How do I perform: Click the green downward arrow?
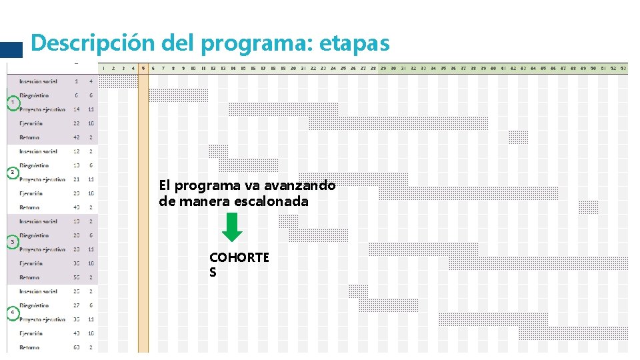coord(232,227)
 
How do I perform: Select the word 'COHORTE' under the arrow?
coord(239,257)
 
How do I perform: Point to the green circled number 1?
coord(11,102)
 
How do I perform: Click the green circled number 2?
coord(11,172)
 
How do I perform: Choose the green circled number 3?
coord(11,242)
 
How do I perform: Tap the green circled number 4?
coord(11,312)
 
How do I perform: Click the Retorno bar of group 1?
coord(518,137)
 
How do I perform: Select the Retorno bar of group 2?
coord(588,207)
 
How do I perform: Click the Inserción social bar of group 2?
coord(218,151)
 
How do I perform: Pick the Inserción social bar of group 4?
coord(358,291)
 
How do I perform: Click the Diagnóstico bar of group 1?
coord(178,95)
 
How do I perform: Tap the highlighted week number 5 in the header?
coord(143,68)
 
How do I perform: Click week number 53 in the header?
coord(623,68)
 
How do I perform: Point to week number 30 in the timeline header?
coord(393,68)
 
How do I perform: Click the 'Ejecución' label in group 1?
coord(31,123)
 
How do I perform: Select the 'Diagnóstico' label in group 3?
coord(34,235)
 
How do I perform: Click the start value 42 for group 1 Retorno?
coord(77,137)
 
